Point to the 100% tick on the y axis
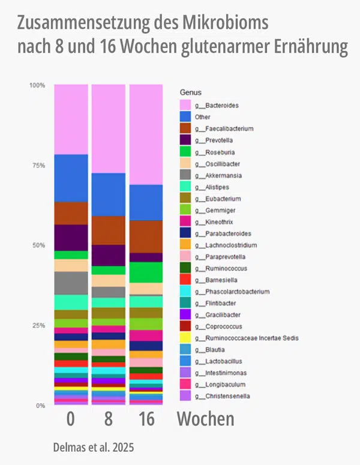(37, 85)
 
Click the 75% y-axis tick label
(38, 166)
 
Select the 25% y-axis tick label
(38, 326)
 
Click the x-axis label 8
(108, 419)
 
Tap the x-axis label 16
(146, 419)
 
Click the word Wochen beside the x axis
(205, 419)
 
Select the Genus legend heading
(191, 92)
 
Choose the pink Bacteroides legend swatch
(186, 105)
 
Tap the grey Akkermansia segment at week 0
(71, 283)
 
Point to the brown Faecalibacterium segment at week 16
(146, 236)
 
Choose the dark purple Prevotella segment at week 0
(71, 238)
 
